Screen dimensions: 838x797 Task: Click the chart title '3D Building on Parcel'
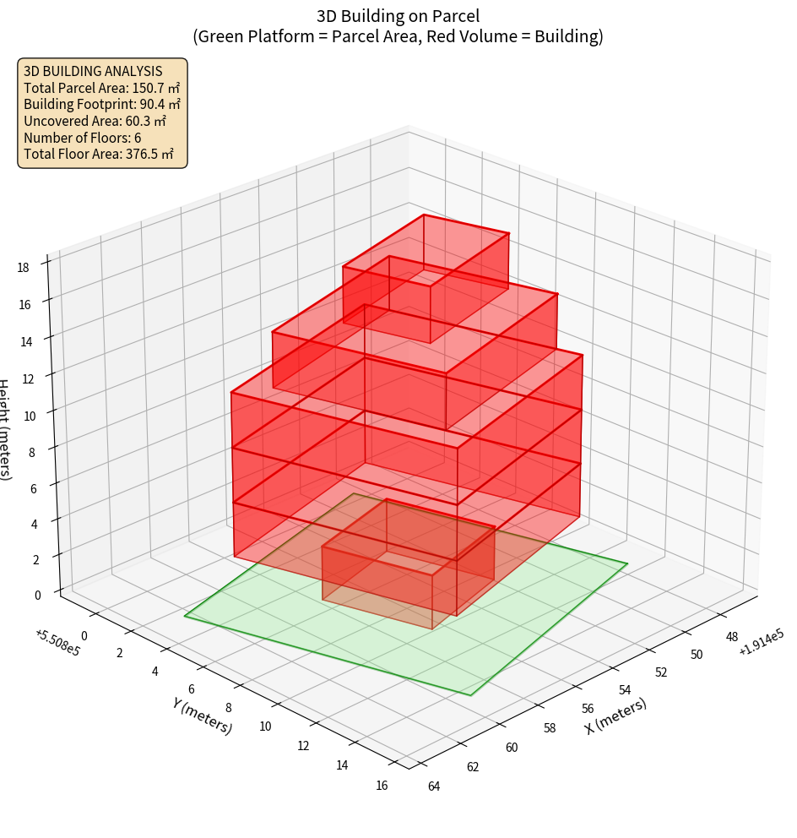point(398,15)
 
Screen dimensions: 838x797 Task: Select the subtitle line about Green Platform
point(398,36)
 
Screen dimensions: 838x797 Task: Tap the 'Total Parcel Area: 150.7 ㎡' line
point(101,87)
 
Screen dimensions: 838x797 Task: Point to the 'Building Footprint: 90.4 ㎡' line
point(101,104)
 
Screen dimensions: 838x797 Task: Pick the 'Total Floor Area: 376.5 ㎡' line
point(99,154)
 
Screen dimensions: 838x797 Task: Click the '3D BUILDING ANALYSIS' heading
point(93,71)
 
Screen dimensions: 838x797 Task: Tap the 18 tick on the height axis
point(24,268)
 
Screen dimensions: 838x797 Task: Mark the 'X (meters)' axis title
point(615,716)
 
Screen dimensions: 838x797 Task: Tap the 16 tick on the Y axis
point(382,786)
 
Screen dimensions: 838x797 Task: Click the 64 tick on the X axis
point(434,787)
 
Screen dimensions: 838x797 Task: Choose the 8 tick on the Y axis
point(230,707)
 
